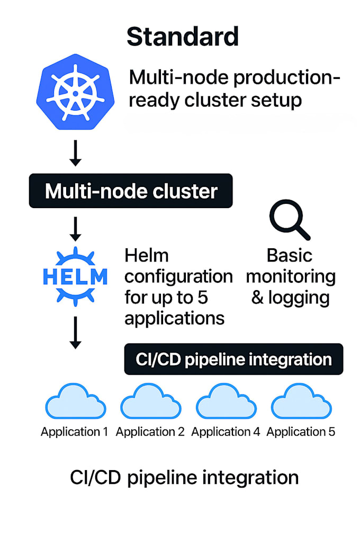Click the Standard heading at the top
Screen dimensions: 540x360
tap(183, 37)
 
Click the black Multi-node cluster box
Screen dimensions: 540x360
tap(131, 191)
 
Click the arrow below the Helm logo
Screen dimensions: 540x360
tap(75, 332)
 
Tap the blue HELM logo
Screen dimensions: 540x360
tap(75, 275)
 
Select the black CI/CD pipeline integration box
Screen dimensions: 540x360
tap(233, 359)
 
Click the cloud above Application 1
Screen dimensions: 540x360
tap(75, 402)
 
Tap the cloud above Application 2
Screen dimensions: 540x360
tap(150, 402)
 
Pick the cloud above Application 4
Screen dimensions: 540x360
tap(226, 402)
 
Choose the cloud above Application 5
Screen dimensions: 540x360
tap(301, 402)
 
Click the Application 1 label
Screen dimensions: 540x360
tap(75, 431)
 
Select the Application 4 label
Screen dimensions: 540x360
tap(226, 431)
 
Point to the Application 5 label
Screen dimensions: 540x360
tap(301, 431)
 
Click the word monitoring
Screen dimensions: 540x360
tap(291, 276)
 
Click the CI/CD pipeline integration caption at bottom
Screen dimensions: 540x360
tap(184, 477)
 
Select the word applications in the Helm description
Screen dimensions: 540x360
tap(174, 318)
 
